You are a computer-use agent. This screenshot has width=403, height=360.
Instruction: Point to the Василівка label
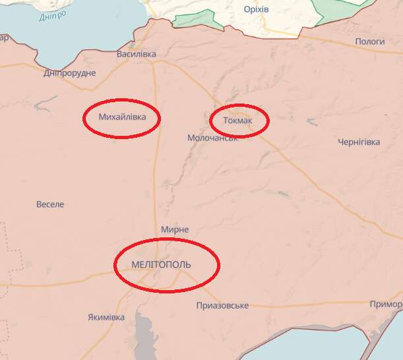[136, 54]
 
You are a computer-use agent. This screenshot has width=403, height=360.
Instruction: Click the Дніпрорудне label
[70, 73]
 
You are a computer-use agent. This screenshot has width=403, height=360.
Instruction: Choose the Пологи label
[370, 42]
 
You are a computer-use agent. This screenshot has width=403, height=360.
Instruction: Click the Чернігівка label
[359, 142]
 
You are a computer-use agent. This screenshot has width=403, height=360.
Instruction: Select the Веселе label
[50, 204]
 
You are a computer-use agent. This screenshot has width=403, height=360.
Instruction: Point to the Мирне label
[175, 229]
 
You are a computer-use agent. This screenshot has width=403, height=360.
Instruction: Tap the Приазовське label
[222, 306]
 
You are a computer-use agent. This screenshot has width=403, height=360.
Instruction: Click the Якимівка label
[106, 317]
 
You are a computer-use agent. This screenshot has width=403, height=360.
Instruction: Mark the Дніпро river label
[51, 16]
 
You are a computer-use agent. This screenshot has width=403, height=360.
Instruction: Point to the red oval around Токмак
[239, 106]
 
